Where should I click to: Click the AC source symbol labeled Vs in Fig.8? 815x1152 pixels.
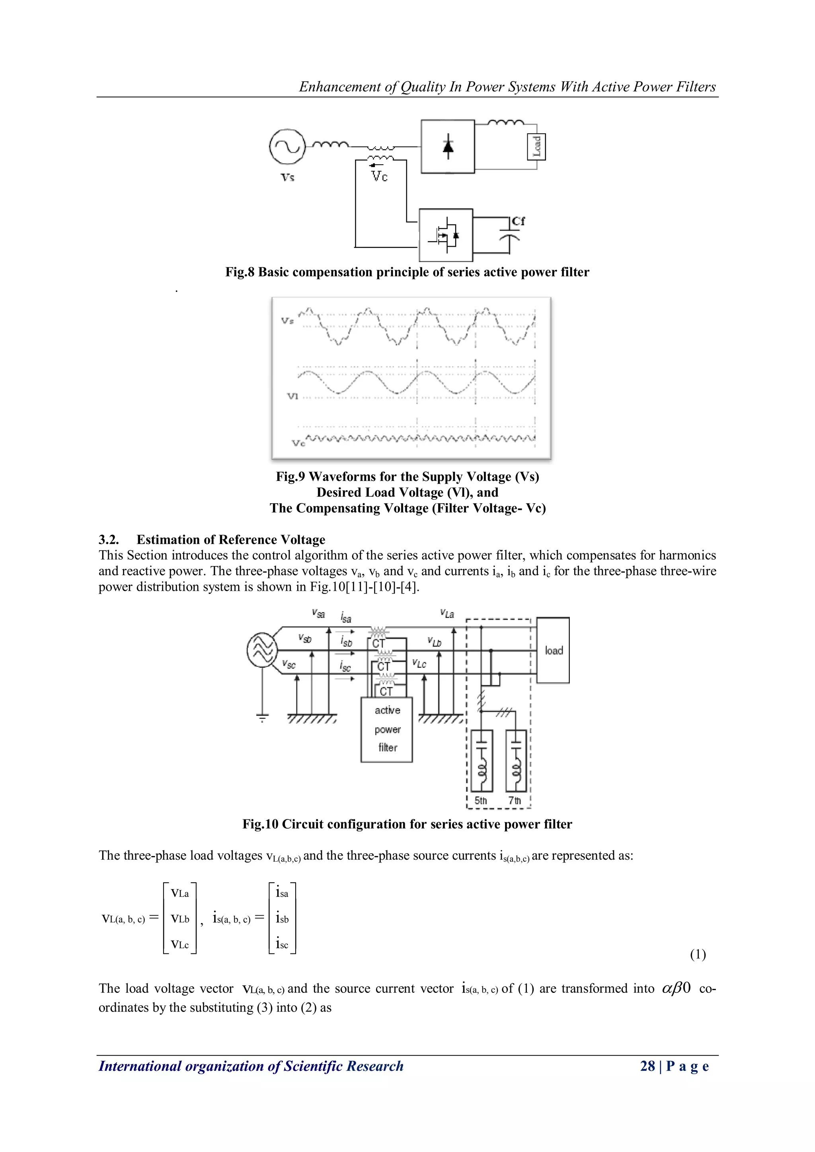(x=287, y=146)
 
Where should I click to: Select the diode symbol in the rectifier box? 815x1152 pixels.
(x=448, y=146)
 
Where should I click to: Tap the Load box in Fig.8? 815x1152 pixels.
(x=536, y=146)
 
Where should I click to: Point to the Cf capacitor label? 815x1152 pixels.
(x=519, y=221)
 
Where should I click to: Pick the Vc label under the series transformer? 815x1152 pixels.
(x=379, y=177)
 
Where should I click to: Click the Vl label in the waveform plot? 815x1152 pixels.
(x=292, y=396)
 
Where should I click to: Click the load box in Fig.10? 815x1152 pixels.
(x=553, y=650)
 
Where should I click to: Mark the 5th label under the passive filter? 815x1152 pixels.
(x=481, y=800)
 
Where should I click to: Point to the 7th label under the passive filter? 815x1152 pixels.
(x=515, y=800)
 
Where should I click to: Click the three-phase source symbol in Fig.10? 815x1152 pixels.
(x=262, y=650)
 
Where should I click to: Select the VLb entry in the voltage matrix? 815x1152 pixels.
(x=179, y=919)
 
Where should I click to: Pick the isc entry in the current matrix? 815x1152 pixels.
(x=282, y=944)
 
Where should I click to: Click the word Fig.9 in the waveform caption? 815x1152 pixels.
(x=290, y=476)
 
